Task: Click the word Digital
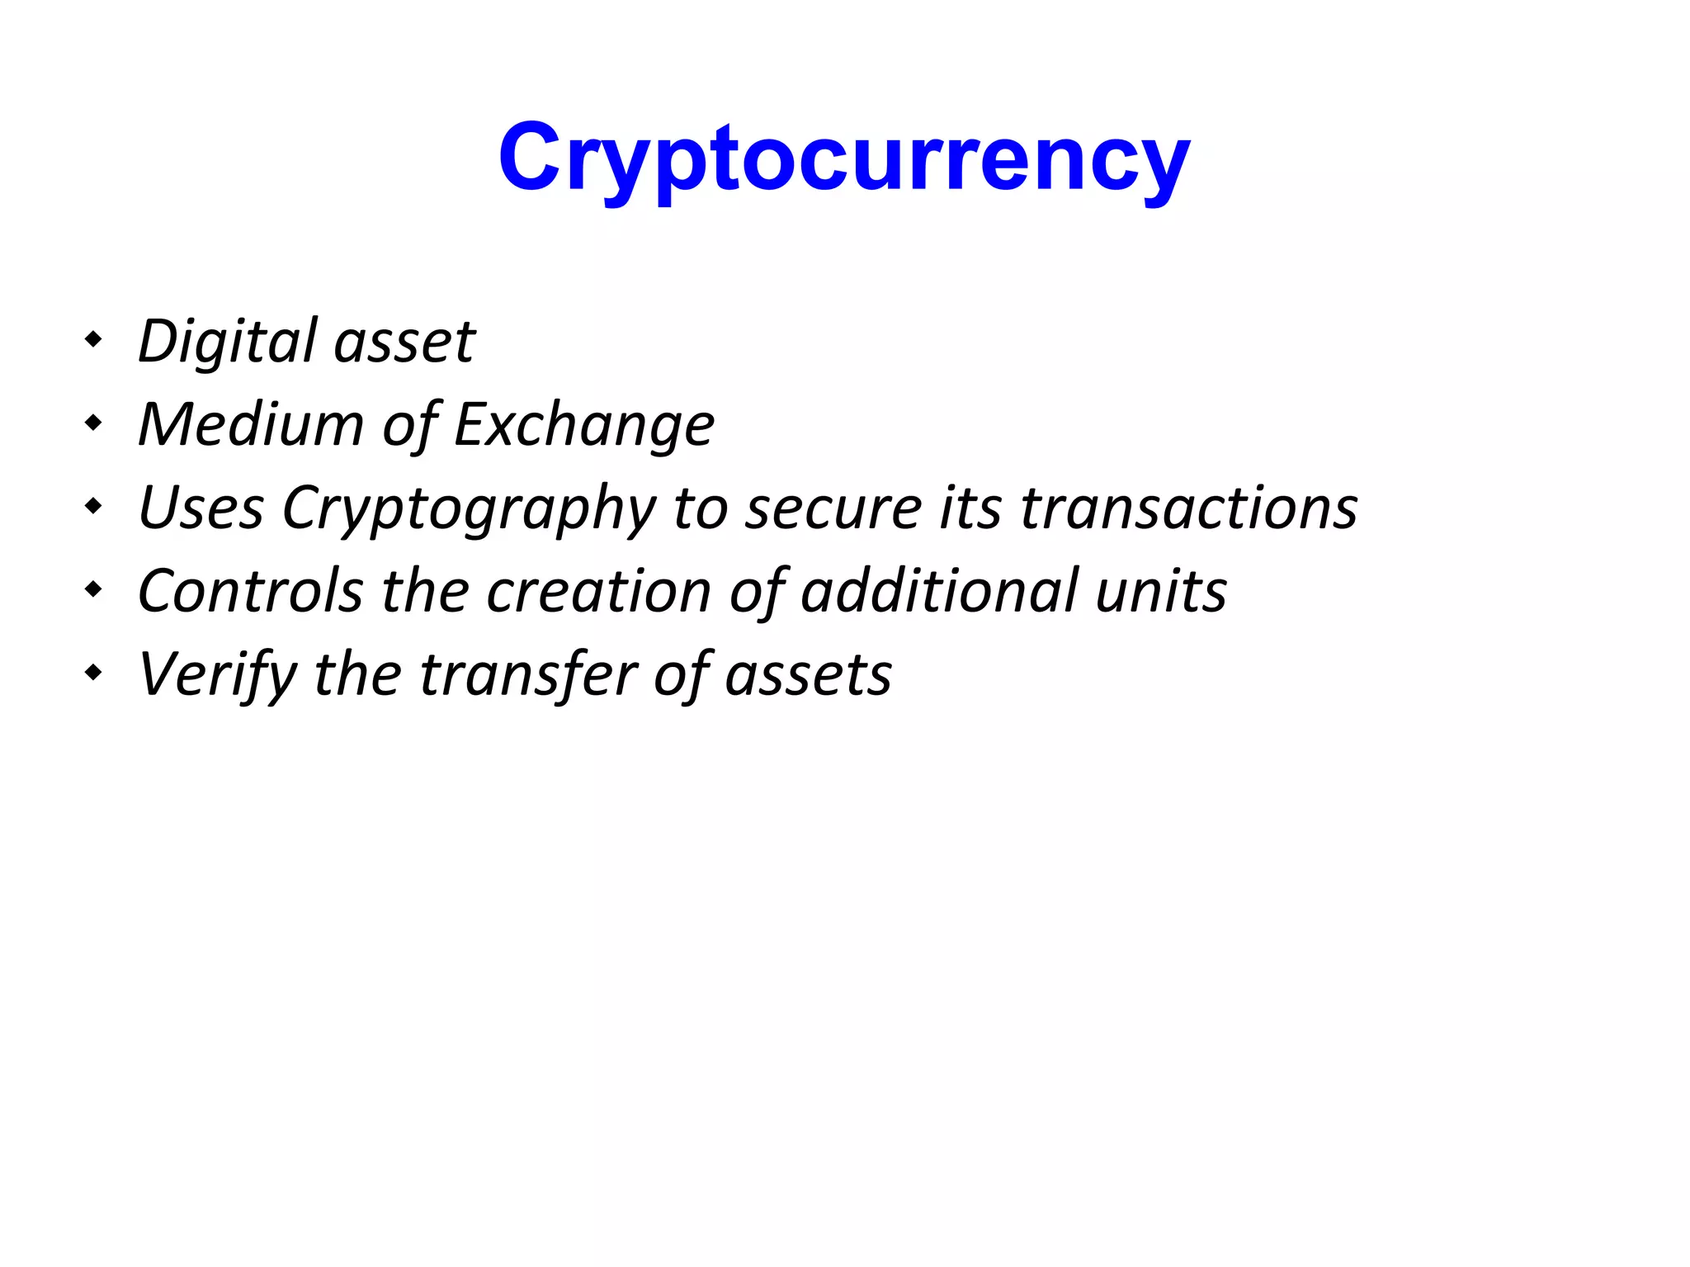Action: coord(228,341)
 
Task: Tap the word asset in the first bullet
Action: coord(404,343)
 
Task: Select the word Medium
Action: coord(251,424)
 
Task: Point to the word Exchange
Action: coord(584,426)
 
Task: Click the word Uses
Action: coord(201,508)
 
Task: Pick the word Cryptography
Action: coord(469,509)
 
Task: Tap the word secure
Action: coord(833,509)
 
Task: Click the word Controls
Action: coord(250,591)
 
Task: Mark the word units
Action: coord(1161,592)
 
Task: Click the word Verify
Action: coord(217,675)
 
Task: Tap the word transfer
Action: coord(528,674)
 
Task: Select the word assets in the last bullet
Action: coord(809,675)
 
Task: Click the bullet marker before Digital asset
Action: coord(94,338)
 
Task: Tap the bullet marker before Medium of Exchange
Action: coord(94,423)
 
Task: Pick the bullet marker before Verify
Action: coord(94,673)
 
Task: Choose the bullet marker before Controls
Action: coord(94,589)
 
